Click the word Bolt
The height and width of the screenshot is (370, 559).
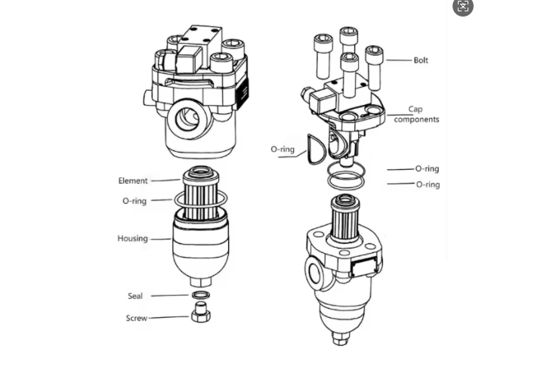tap(421, 60)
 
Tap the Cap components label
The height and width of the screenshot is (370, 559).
tap(416, 114)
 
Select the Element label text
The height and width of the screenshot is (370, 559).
tap(133, 180)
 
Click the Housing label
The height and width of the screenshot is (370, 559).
tap(133, 238)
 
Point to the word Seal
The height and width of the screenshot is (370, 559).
tap(135, 296)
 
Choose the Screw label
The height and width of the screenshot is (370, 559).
tap(137, 318)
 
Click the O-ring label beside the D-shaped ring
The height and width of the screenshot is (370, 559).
tap(283, 149)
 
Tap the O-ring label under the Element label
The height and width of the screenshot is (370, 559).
tap(134, 201)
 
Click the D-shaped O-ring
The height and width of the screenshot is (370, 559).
tap(317, 150)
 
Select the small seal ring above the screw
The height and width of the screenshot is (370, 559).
tap(201, 294)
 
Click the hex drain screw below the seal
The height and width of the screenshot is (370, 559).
tap(201, 313)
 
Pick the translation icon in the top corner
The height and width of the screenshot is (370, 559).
tap(463, 6)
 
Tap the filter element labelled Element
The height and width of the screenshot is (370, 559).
tap(201, 193)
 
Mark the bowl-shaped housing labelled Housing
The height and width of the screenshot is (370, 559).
tap(201, 248)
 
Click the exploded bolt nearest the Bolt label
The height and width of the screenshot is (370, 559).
tap(374, 68)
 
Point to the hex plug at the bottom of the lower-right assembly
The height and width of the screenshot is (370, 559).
tap(341, 338)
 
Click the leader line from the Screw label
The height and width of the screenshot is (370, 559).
tap(168, 317)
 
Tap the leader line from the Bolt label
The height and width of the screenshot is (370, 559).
tap(399, 60)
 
